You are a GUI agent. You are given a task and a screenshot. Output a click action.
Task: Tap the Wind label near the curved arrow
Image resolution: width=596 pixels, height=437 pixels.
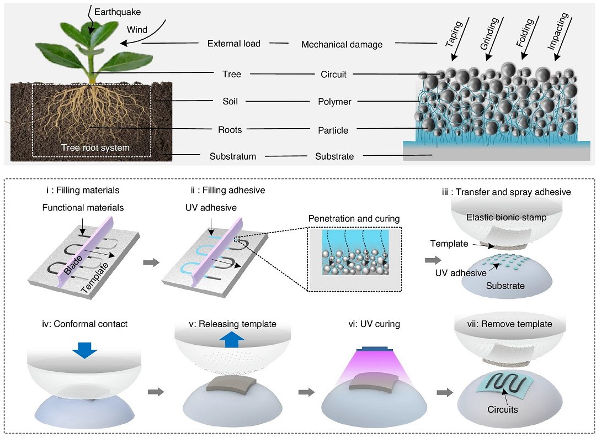click(137, 30)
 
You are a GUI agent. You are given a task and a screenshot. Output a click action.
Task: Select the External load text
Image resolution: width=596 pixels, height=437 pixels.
click(234, 44)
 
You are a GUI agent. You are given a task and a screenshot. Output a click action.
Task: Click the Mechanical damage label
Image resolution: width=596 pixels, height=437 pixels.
click(342, 44)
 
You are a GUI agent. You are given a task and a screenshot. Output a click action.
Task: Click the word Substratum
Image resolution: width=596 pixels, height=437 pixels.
click(233, 156)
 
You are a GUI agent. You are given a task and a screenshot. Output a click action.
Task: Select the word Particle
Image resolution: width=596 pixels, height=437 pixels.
click(333, 130)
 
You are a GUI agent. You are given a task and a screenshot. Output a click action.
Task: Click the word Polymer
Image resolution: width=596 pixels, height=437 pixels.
click(334, 102)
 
